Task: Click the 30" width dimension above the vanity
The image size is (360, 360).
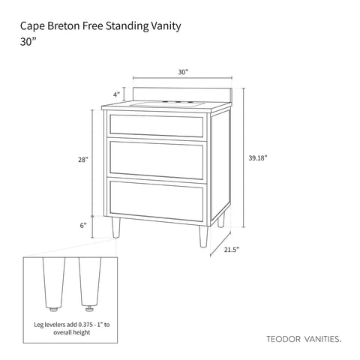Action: [x=183, y=72]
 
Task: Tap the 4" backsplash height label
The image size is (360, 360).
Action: [x=116, y=94]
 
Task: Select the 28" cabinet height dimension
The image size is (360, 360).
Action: [x=83, y=160]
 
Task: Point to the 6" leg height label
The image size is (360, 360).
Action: [x=83, y=226]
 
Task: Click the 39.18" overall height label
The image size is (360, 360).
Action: [x=258, y=158]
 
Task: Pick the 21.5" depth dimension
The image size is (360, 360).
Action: [x=232, y=250]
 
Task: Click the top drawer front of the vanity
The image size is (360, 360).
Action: [x=156, y=126]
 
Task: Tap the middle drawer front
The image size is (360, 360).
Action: [x=156, y=160]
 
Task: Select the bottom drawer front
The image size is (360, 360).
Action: [x=156, y=201]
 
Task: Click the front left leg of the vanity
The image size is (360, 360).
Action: [x=116, y=227]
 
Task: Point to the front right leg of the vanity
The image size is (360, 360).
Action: [x=203, y=236]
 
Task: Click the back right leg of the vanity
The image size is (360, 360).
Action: [x=221, y=220]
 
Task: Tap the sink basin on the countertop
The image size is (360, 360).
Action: [x=166, y=104]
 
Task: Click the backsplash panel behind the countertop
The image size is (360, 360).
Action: [x=182, y=95]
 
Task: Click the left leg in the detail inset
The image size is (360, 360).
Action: [x=54, y=283]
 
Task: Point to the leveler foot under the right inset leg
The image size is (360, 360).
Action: [x=88, y=310]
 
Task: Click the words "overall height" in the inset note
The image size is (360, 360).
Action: [x=72, y=332]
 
